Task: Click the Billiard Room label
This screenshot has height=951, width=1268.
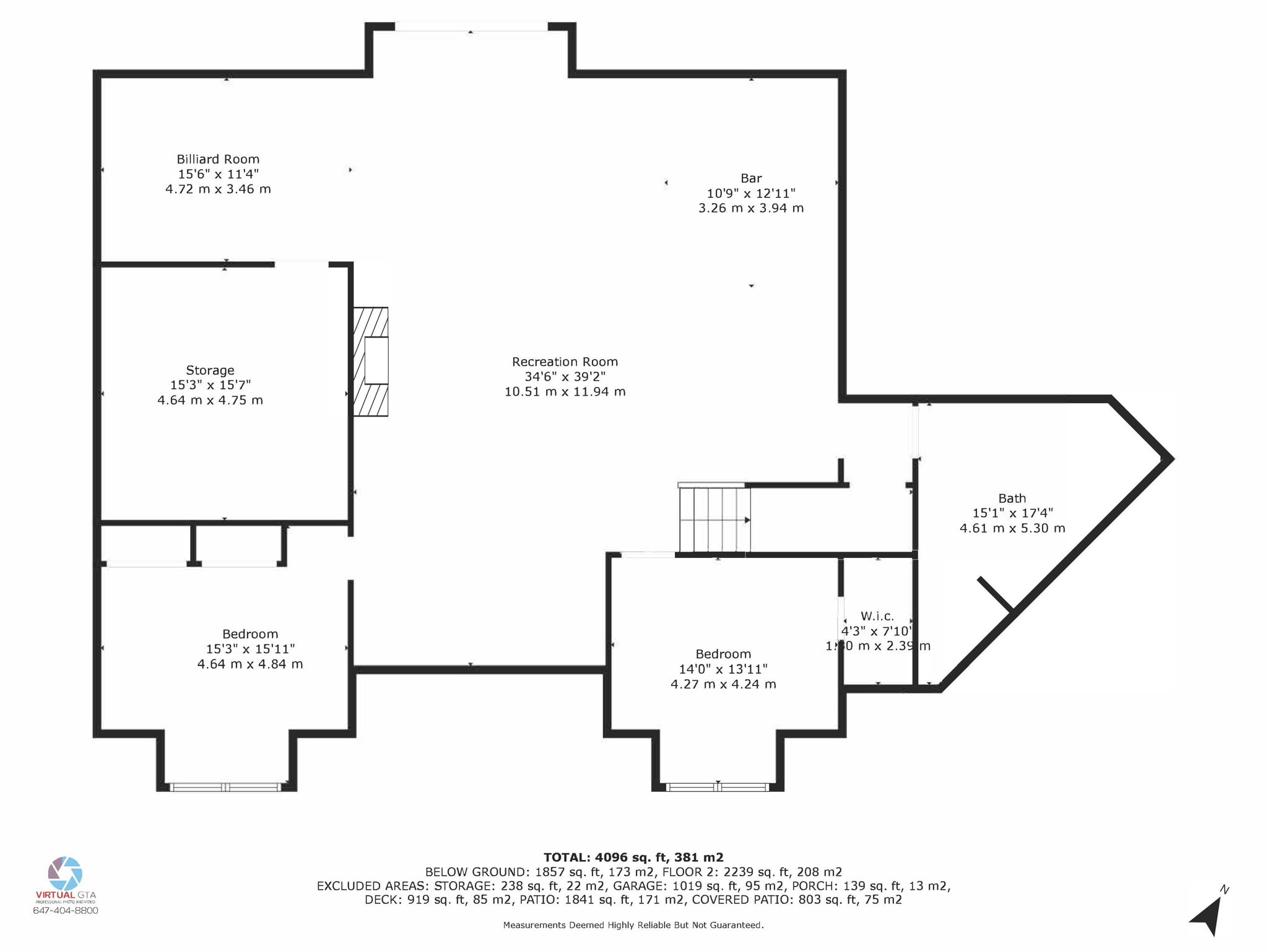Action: click(218, 159)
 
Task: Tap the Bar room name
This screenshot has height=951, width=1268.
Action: click(750, 178)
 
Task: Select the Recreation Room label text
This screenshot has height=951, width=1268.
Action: click(565, 362)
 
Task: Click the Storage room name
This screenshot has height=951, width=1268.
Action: click(210, 370)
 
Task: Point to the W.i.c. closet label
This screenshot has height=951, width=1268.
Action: click(877, 616)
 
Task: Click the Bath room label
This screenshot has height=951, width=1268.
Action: click(1012, 498)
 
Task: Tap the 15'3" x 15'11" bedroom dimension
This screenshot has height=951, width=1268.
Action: click(250, 649)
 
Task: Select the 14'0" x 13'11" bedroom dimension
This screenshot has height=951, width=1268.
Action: click(723, 669)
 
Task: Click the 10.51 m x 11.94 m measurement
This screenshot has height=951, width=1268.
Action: click(565, 391)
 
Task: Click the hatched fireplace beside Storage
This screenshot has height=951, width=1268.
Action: click(371, 362)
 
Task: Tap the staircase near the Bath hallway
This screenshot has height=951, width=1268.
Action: click(714, 519)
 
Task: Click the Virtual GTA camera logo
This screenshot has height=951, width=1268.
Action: click(65, 873)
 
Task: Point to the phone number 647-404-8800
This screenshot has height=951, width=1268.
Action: click(65, 910)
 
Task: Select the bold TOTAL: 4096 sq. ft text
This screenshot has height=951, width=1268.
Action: click(633, 858)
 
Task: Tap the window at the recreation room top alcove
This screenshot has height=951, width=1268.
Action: click(471, 27)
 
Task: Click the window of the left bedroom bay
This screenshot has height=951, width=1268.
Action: click(226, 787)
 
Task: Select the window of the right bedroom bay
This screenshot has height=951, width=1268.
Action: click(717, 787)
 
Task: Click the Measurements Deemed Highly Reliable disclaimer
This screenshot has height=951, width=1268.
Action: click(633, 925)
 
